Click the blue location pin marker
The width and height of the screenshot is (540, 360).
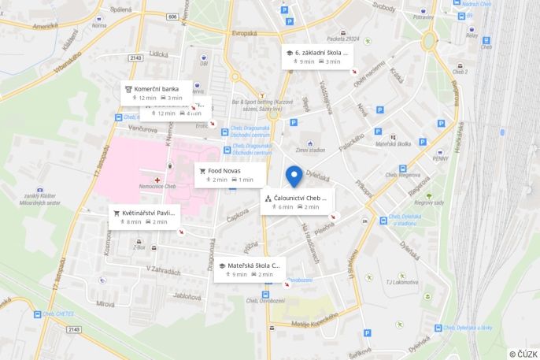[x=294, y=176]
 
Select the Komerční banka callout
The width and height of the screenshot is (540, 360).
[x=157, y=93]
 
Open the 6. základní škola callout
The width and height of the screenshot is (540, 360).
[x=317, y=57]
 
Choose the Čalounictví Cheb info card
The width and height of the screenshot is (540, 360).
[x=297, y=202]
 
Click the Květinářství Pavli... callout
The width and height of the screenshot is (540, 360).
[x=145, y=217]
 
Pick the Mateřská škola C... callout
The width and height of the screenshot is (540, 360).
[x=250, y=269]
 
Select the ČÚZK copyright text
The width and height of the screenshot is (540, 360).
[x=523, y=354]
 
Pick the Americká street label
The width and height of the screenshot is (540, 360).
[x=45, y=26]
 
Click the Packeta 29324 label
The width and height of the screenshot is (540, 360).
[x=342, y=37]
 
